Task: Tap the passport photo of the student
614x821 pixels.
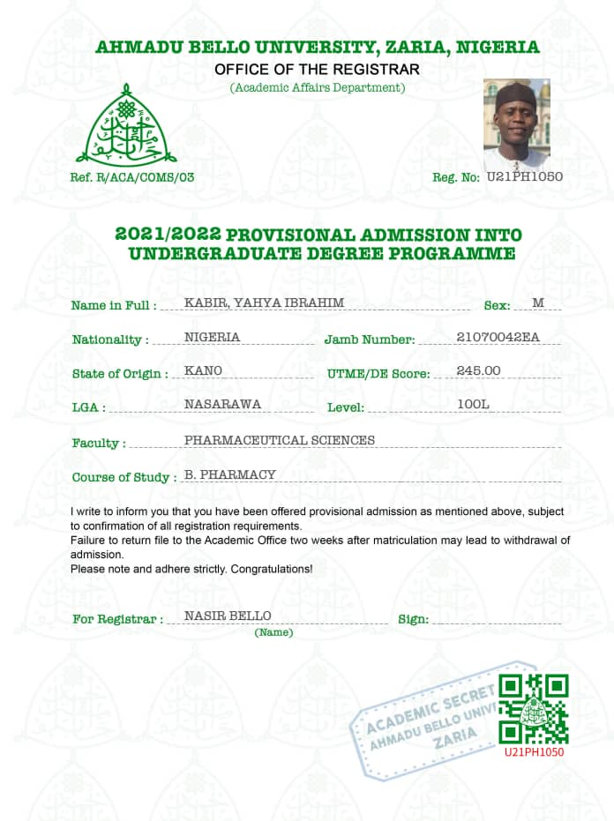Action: (516, 124)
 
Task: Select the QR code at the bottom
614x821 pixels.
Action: (533, 708)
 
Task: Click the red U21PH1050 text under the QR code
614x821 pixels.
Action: (534, 752)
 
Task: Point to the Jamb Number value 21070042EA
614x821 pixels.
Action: (498, 337)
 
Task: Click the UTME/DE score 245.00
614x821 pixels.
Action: (479, 370)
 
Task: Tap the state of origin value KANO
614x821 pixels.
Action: (203, 370)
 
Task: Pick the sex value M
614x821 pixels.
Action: (538, 303)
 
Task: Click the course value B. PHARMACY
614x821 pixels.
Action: (230, 474)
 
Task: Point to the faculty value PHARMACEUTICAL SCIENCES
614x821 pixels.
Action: (279, 439)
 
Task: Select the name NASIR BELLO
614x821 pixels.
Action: (227, 615)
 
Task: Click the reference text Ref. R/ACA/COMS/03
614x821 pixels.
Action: (132, 177)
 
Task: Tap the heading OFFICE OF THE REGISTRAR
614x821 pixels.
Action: (318, 69)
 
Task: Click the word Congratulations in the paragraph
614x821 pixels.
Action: (271, 569)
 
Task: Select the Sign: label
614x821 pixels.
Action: (413, 619)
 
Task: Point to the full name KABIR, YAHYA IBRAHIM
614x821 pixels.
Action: (264, 303)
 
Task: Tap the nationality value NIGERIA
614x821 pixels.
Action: (212, 337)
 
